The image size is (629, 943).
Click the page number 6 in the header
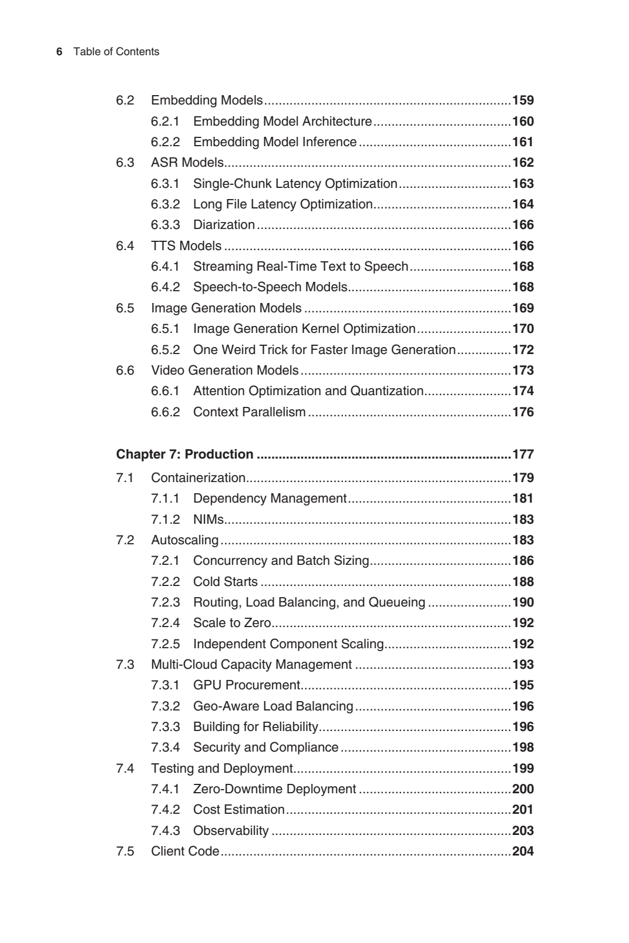tap(59, 52)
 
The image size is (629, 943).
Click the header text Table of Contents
tap(116, 52)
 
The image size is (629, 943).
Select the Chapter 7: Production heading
tap(184, 454)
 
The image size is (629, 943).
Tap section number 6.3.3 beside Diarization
tap(165, 225)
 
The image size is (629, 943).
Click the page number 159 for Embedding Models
tap(523, 100)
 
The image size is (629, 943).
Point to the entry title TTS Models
tap(186, 246)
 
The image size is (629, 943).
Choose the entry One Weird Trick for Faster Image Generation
tap(324, 350)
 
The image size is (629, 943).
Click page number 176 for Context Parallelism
tap(523, 412)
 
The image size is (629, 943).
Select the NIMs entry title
tap(208, 520)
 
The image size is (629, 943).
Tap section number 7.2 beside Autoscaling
tap(125, 540)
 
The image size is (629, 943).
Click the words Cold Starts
tap(226, 582)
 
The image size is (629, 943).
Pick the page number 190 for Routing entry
tap(523, 602)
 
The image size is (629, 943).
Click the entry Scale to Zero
tap(232, 623)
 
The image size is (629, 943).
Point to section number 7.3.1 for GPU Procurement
tap(165, 685)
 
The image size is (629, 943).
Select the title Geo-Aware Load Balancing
tap(273, 706)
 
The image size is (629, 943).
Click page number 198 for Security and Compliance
tap(523, 747)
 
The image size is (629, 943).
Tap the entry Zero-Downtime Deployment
tap(274, 789)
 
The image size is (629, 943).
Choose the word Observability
tap(231, 831)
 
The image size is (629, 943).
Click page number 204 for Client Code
tap(523, 851)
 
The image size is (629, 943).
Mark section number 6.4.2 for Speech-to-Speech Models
tap(165, 287)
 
